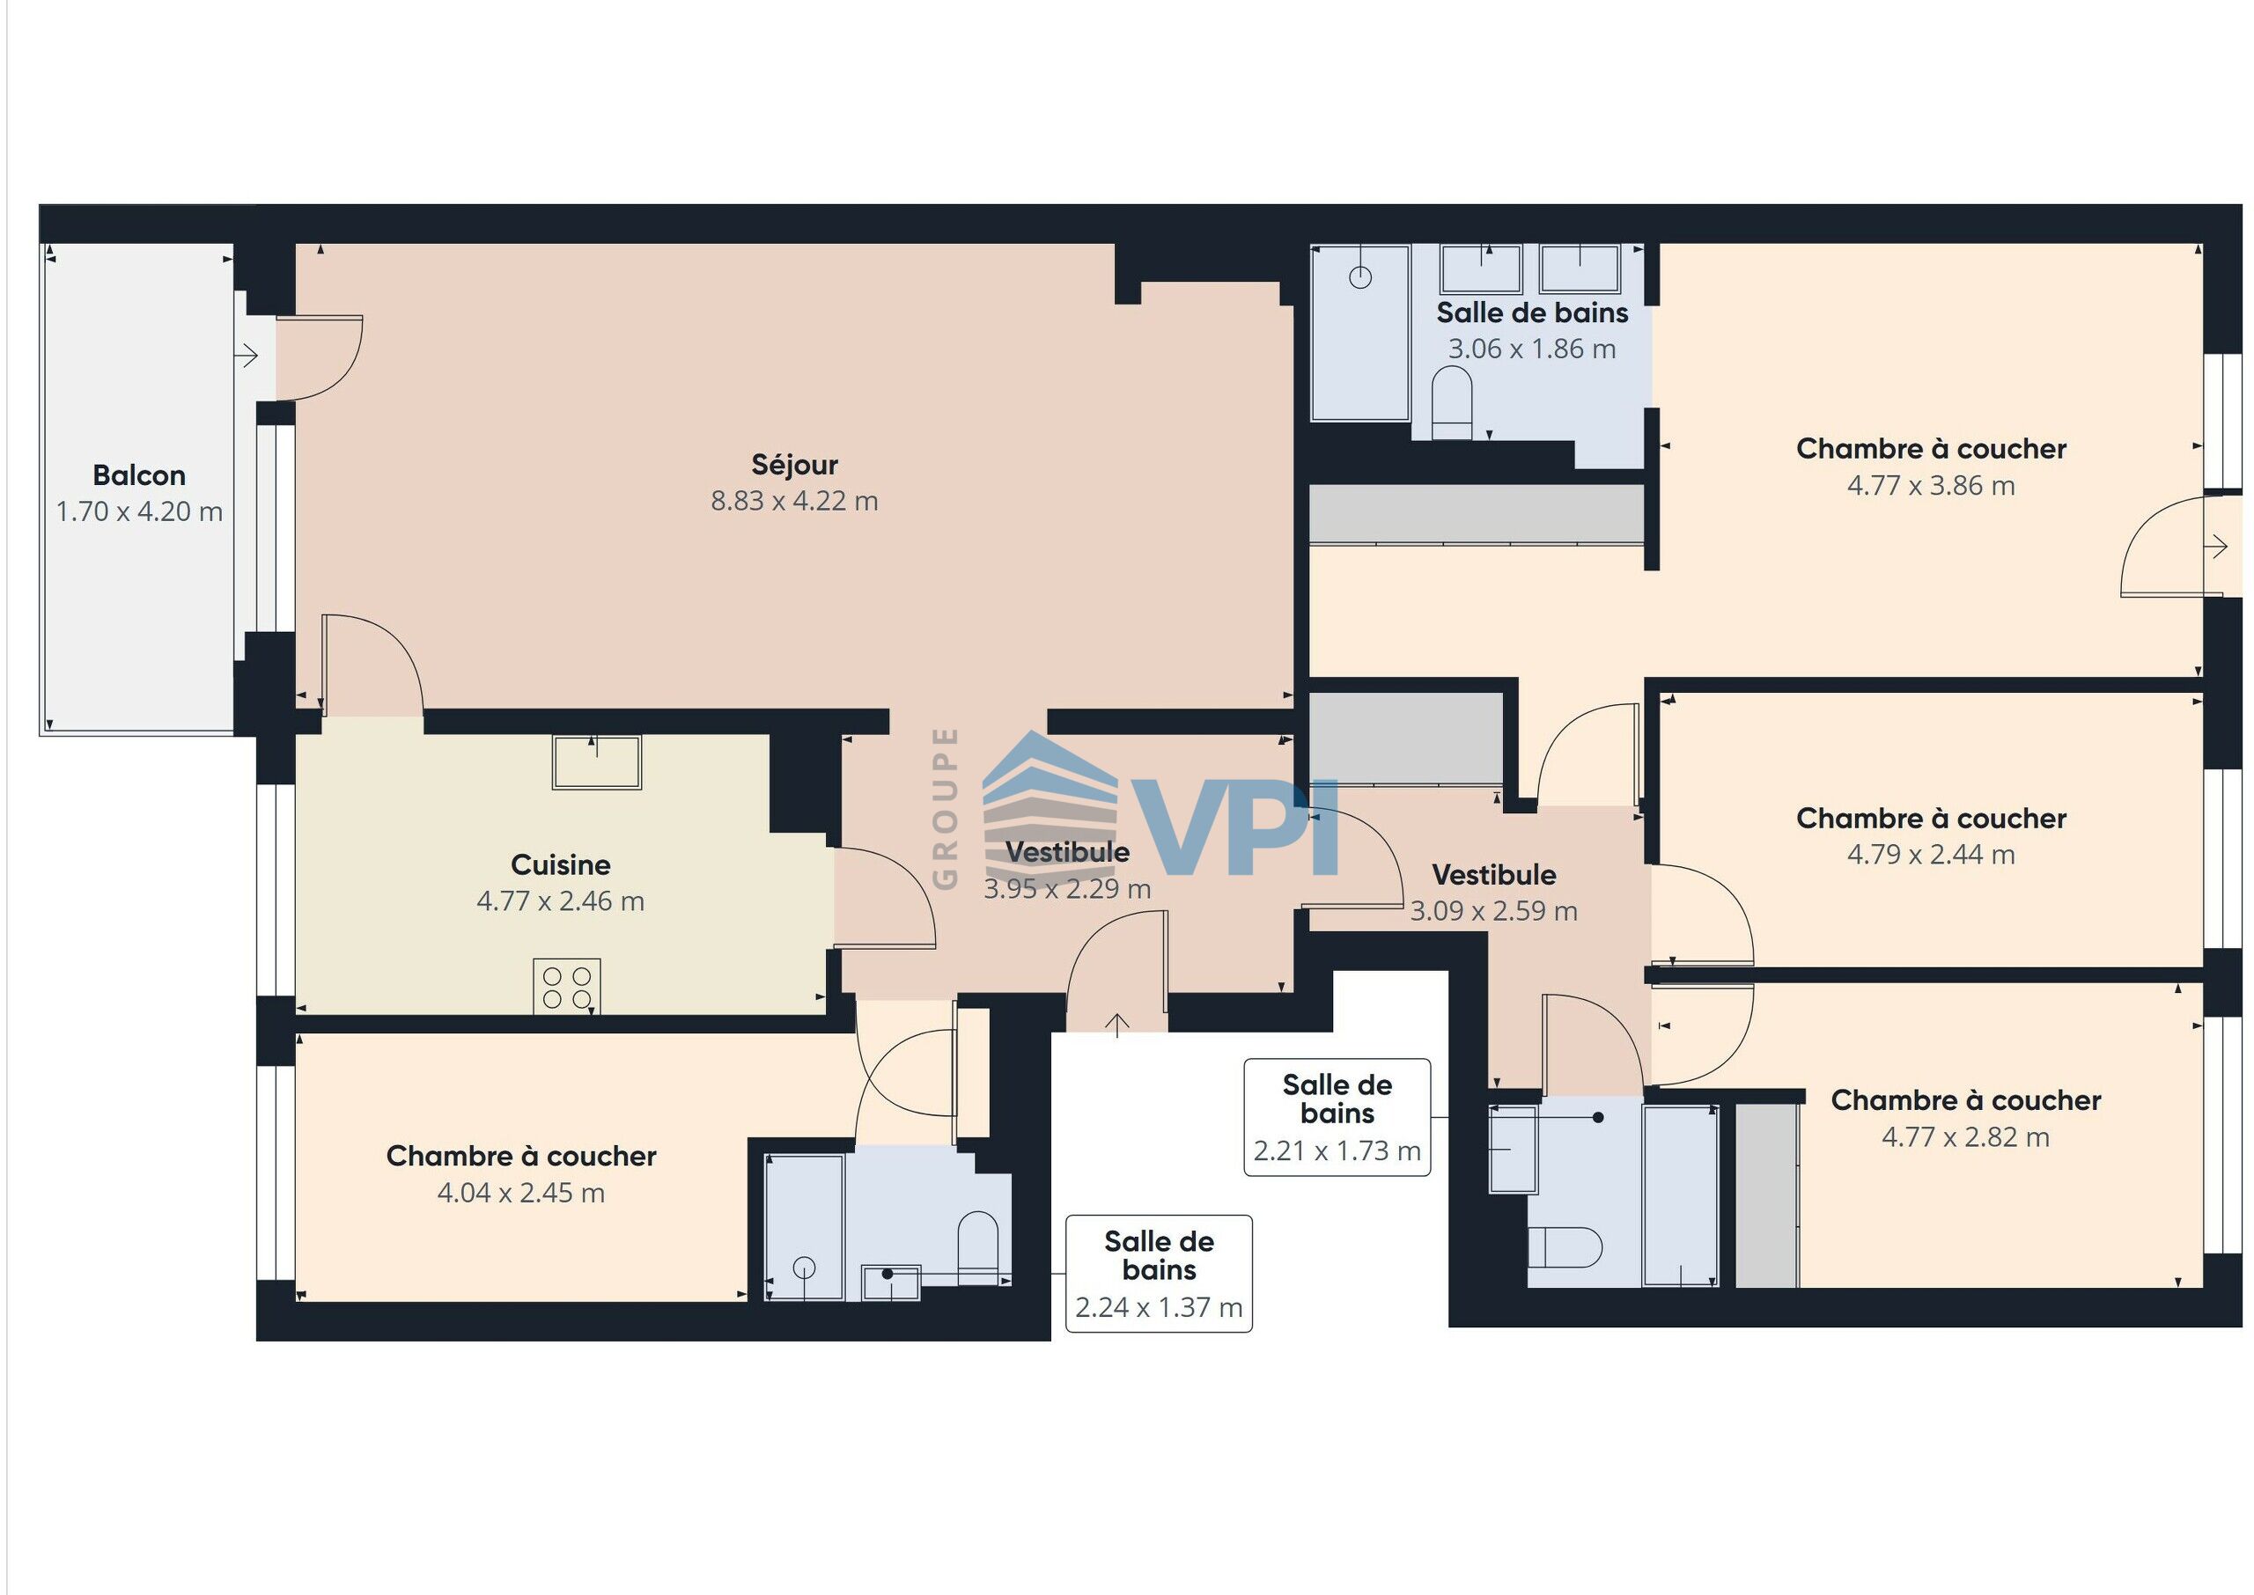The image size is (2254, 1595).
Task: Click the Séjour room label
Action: click(793, 465)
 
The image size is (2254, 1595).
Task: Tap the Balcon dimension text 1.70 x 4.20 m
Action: click(139, 511)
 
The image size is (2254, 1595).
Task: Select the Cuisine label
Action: click(561, 864)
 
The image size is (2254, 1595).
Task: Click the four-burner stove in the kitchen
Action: click(567, 986)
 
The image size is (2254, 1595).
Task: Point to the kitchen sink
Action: click(596, 762)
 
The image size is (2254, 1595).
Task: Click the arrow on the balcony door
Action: click(246, 354)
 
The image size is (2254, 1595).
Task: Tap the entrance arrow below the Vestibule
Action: click(1116, 1025)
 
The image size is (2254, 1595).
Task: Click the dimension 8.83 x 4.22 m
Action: click(793, 501)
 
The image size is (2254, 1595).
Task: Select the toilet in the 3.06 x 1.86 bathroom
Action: click(1452, 402)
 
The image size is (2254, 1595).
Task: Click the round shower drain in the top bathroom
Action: click(1360, 278)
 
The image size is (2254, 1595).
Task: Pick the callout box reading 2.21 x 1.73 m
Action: click(1337, 1117)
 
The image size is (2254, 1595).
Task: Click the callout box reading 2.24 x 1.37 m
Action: click(1159, 1273)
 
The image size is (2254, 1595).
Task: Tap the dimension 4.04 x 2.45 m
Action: click(520, 1193)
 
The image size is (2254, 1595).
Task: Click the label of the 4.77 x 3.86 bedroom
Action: click(1931, 449)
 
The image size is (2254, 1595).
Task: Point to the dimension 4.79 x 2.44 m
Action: click(1931, 855)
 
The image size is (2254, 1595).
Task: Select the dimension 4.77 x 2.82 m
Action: click(1965, 1137)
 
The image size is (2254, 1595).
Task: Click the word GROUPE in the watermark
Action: click(945, 808)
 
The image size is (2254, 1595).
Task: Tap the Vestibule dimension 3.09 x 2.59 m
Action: click(1494, 911)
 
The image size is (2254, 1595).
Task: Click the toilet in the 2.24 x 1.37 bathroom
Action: click(977, 1247)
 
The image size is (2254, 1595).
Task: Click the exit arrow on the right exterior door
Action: click(2215, 546)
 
